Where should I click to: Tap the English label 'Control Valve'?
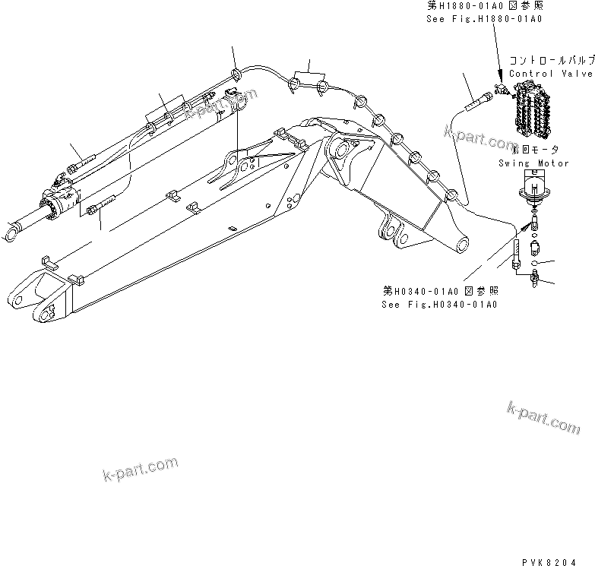pyautogui.click(x=551, y=74)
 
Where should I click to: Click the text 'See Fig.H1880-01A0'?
pyautogui.click(x=484, y=19)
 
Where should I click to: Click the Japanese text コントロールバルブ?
pyautogui.click(x=552, y=60)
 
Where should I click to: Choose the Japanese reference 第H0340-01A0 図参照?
pyautogui.click(x=440, y=292)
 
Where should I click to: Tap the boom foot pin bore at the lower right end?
pyautogui.click(x=460, y=245)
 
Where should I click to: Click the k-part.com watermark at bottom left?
pyautogui.click(x=140, y=469)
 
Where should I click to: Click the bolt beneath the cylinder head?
pyautogui.click(x=103, y=205)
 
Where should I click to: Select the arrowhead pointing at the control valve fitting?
pyautogui.click(x=499, y=79)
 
